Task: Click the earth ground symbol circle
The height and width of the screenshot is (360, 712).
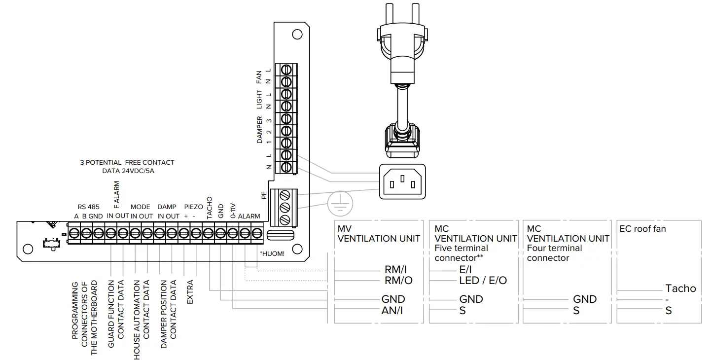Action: (338, 203)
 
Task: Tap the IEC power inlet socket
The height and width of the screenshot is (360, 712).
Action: (402, 181)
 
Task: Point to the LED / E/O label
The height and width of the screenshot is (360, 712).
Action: (483, 280)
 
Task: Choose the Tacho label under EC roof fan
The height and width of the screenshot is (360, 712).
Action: (680, 288)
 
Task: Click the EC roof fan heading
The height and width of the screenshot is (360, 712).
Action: (643, 228)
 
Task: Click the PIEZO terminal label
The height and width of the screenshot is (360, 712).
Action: (193, 207)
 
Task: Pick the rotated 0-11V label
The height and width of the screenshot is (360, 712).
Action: (233, 211)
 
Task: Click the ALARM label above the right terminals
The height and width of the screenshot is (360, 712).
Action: (249, 216)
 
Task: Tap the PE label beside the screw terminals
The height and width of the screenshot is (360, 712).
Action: (264, 195)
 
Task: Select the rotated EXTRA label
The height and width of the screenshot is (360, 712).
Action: (190, 292)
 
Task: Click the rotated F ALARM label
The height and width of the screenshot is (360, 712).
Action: (117, 195)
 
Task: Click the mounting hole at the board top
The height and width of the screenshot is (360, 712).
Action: (297, 35)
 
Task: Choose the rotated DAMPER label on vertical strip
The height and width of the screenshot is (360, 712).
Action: (260, 130)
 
